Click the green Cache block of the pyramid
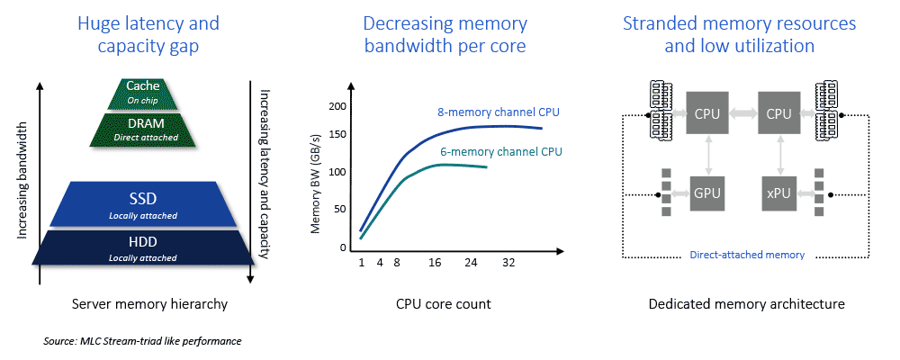tap(143, 92)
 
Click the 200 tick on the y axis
tap(338, 108)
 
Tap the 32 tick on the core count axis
tap(508, 264)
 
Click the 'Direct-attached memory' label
tap(746, 255)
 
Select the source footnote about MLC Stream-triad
tap(142, 342)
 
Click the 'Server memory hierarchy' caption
tap(149, 304)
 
